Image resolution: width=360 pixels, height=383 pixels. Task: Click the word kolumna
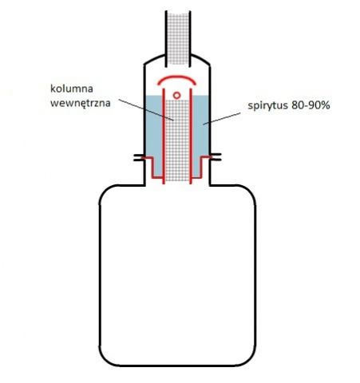[72, 89]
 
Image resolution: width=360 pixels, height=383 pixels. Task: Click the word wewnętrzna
[81, 103]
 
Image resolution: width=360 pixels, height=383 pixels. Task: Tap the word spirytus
[268, 106]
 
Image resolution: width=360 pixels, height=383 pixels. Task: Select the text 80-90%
[311, 105]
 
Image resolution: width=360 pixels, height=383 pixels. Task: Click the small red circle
[176, 95]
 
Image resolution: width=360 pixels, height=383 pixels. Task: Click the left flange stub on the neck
[139, 157]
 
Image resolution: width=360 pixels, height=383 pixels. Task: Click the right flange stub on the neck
[216, 157]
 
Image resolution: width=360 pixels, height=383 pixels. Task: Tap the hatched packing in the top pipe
[178, 38]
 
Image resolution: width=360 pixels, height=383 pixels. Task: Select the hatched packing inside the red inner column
[177, 140]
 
